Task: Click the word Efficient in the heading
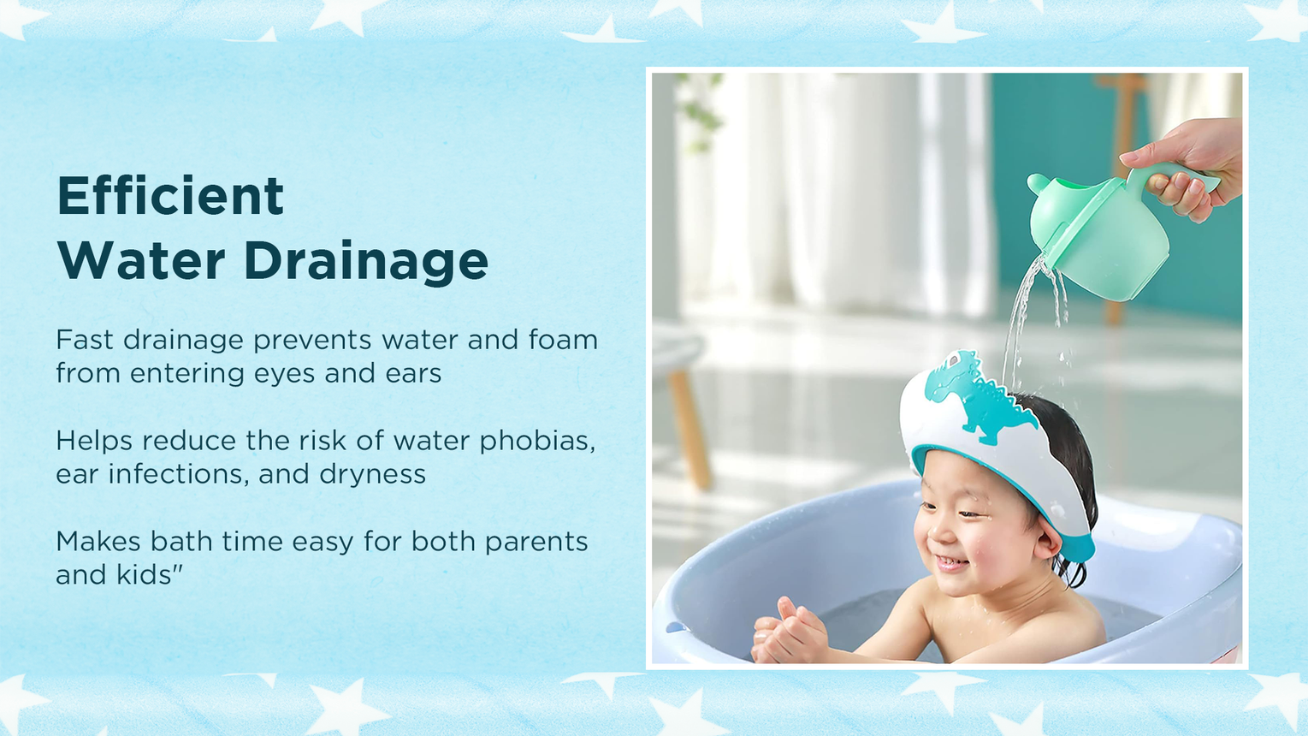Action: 170,195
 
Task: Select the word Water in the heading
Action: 141,260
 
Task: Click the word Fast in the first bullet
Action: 84,340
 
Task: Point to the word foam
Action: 563,340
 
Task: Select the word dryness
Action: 372,475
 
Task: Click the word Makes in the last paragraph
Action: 98,542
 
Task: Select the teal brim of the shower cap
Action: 1004,490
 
